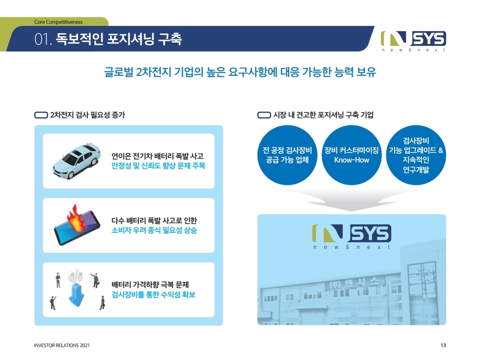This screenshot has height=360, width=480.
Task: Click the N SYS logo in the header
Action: click(413, 40)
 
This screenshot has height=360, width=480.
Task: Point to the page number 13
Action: click(443, 345)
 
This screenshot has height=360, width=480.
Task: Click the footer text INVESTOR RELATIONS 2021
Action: click(62, 345)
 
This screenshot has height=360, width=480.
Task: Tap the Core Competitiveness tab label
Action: click(58, 22)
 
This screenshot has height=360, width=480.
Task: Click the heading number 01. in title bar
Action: click(44, 39)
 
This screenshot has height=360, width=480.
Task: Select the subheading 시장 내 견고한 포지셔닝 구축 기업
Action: click(323, 115)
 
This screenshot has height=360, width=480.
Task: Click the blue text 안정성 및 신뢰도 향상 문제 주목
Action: click(158, 166)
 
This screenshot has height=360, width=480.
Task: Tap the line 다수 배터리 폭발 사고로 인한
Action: click(154, 221)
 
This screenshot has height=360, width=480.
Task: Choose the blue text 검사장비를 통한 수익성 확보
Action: click(153, 295)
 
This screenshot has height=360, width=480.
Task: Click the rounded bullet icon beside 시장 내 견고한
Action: click(264, 115)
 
